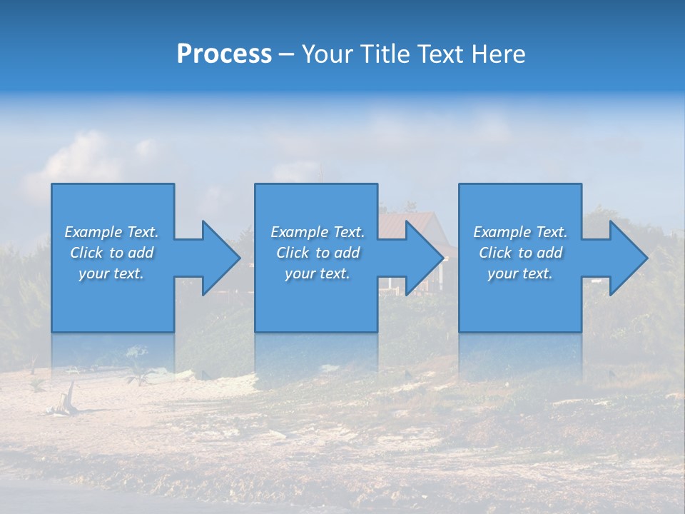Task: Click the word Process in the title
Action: coord(224,54)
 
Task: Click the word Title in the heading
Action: coord(384,54)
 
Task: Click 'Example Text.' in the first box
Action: coord(111,232)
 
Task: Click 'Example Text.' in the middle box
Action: coord(318,232)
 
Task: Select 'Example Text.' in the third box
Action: coord(520,232)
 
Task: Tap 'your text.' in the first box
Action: coord(111,273)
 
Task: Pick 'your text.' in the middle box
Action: coord(318,273)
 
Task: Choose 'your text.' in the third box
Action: coord(520,273)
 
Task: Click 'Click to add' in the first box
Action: coord(111,253)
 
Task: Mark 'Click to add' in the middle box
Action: coord(318,253)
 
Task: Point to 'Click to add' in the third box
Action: coord(520,253)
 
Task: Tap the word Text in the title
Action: coord(436,54)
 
